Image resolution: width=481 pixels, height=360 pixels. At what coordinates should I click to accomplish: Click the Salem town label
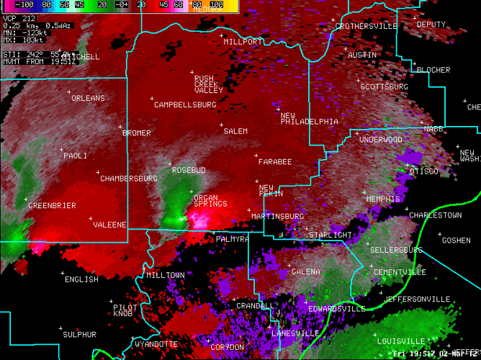[x=235, y=132]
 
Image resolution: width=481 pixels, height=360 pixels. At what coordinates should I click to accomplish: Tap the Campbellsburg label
[x=185, y=105]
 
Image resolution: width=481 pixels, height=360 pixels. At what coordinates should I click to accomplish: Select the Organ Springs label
[x=210, y=200]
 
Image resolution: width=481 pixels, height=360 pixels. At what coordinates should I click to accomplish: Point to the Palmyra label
[x=233, y=239]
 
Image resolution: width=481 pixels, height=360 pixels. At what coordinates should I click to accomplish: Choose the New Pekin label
[x=271, y=191]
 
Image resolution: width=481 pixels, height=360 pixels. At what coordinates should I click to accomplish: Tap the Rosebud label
[x=189, y=171]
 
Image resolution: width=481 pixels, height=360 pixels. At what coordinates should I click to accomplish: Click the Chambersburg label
[x=128, y=179]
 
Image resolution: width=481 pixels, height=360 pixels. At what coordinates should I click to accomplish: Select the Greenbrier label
[x=52, y=206]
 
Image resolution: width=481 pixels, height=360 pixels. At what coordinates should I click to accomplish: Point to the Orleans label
[x=88, y=99]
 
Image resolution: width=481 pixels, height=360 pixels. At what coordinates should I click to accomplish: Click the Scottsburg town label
[x=384, y=87]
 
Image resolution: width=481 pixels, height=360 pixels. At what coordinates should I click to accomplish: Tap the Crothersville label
[x=366, y=27]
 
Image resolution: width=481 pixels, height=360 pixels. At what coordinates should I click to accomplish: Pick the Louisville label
[x=400, y=341]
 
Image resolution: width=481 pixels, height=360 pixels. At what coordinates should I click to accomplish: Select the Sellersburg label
[x=396, y=250]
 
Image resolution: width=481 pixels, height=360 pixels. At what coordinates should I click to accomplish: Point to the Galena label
[x=306, y=271]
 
